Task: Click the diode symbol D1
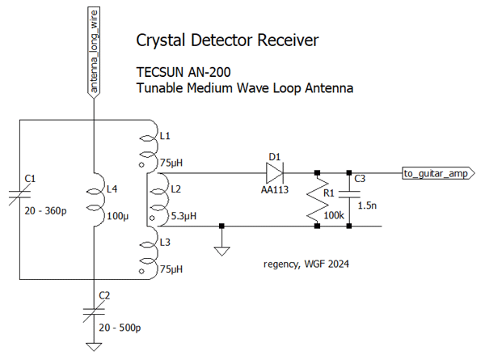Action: [272, 172]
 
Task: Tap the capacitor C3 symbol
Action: [349, 194]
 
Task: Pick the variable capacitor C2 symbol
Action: [94, 310]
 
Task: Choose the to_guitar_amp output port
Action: [435, 172]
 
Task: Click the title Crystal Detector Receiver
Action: [227, 40]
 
